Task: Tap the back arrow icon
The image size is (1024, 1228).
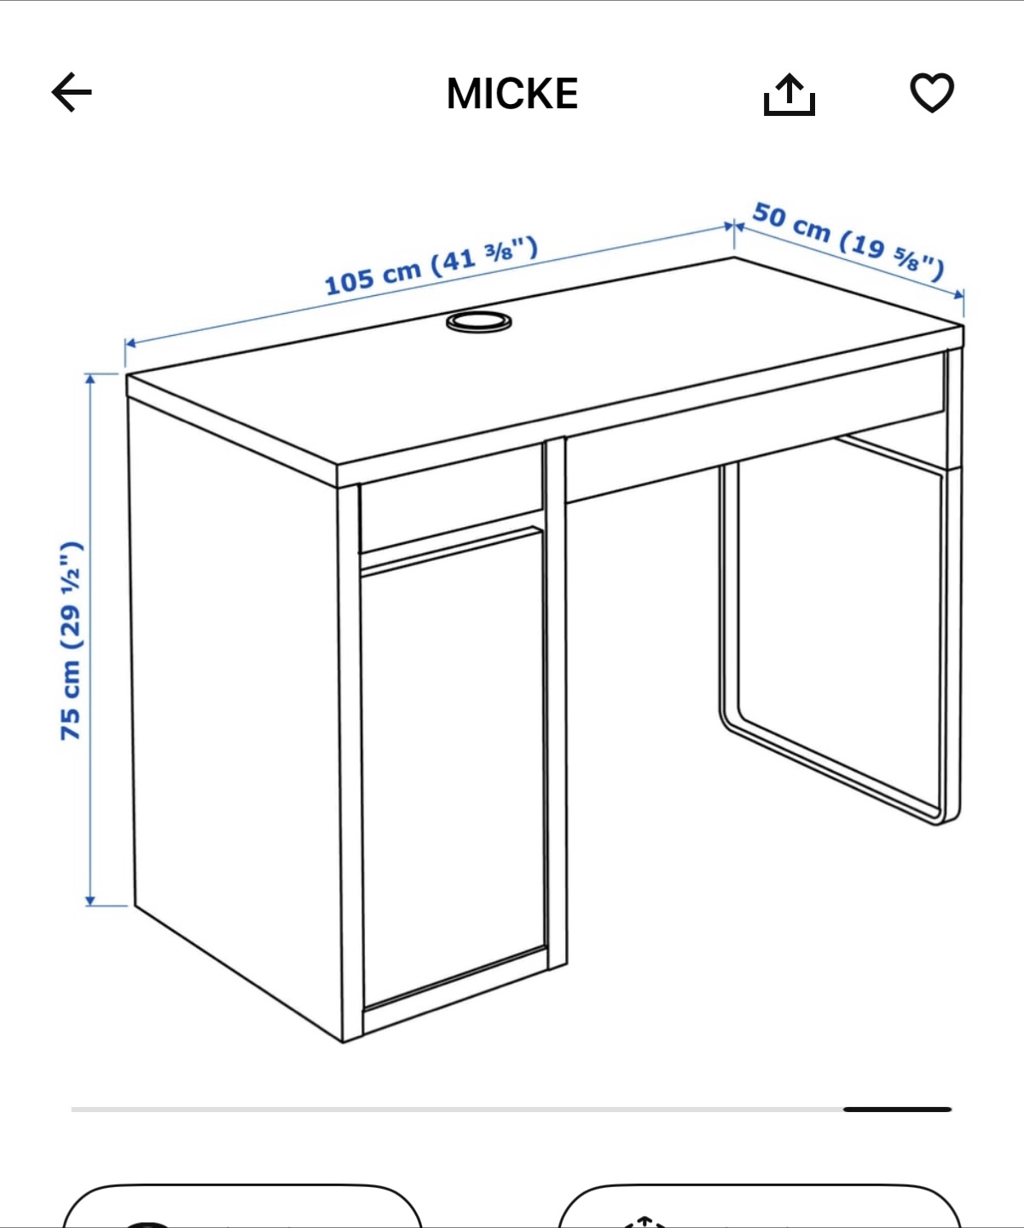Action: point(72,92)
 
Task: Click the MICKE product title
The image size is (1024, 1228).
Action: point(512,94)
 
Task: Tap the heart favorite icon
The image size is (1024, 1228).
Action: point(932,92)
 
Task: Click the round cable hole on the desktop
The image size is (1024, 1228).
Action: point(478,321)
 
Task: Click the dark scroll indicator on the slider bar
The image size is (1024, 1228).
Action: point(897,1109)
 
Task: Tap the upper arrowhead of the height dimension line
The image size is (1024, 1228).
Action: point(90,379)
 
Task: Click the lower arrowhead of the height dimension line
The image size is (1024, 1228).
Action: point(90,901)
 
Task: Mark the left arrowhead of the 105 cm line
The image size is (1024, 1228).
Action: point(130,343)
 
